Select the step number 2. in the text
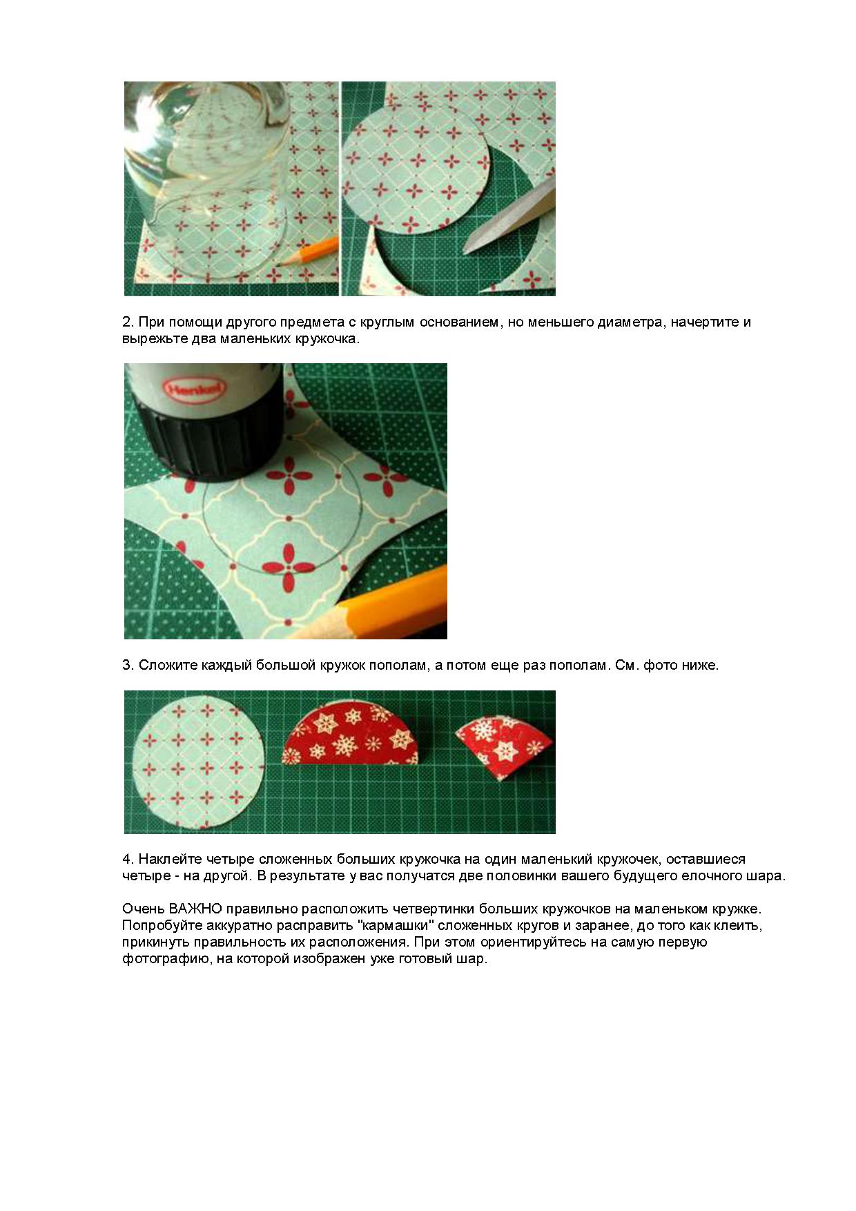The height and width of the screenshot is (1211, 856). coord(127,322)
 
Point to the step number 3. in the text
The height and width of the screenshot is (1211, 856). coord(127,666)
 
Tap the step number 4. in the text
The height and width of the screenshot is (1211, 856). coord(127,860)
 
